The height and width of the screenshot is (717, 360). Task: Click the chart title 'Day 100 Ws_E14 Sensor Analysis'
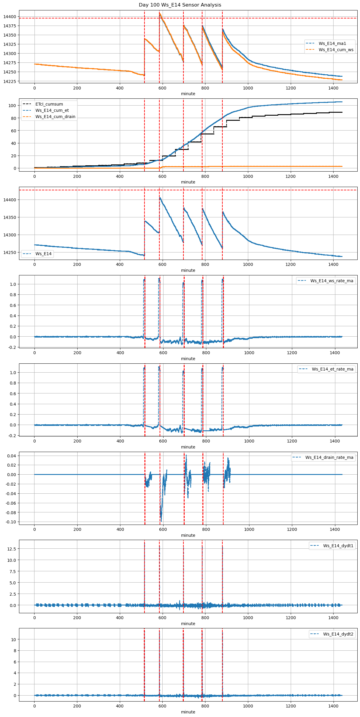point(180,5)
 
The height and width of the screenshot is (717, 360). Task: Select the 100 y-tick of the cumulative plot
point(12,106)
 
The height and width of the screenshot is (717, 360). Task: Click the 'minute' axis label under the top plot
point(188,94)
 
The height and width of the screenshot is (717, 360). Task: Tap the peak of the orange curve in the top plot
point(160,13)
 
